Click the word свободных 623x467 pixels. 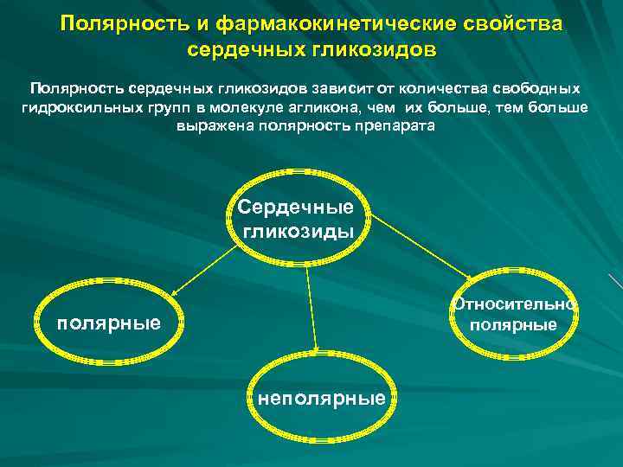(x=543, y=88)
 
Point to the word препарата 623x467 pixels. (x=396, y=125)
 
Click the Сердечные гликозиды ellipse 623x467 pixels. (x=298, y=220)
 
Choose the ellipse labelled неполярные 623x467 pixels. (x=321, y=397)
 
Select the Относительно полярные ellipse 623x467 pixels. (x=514, y=315)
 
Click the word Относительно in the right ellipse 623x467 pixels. (x=515, y=304)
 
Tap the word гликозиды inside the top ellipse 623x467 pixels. (x=298, y=231)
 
